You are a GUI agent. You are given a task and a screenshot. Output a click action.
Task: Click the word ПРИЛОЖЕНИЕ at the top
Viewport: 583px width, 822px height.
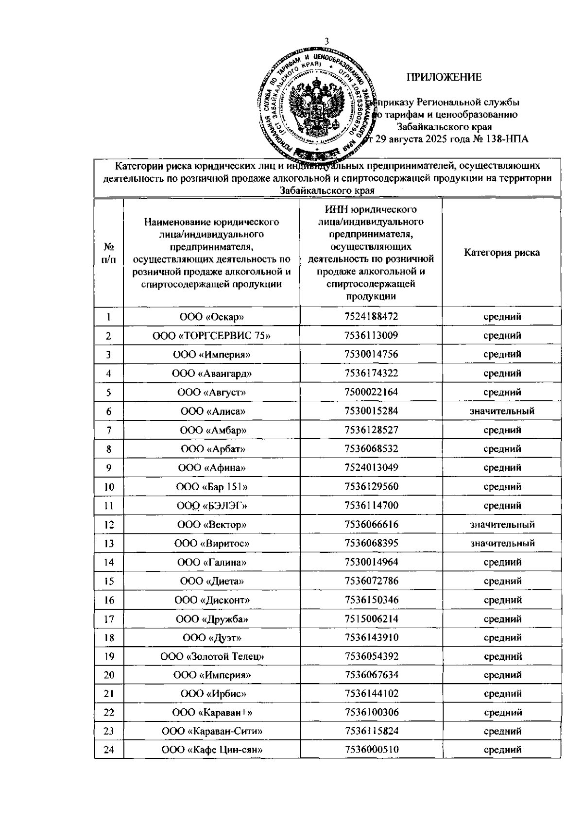point(444,77)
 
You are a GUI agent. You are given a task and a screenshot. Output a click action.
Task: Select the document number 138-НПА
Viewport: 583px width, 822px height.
point(507,139)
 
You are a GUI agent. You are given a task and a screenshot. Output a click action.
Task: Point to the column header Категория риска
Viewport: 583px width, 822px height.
point(502,253)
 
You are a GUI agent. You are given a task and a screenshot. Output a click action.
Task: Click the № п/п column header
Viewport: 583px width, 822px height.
point(109,253)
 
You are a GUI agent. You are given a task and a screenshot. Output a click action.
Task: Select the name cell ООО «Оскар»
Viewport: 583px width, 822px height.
point(212,317)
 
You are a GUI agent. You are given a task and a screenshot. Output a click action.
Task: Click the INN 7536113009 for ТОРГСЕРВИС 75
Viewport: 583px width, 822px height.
point(371,336)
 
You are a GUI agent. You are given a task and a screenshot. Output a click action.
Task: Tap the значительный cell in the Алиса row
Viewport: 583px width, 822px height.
point(502,411)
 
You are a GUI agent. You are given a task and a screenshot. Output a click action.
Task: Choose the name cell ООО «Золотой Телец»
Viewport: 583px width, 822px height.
point(212,657)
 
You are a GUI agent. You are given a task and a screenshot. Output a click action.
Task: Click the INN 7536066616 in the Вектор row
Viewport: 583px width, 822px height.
point(371,525)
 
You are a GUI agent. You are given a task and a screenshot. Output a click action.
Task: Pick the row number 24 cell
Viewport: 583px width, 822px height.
point(109,750)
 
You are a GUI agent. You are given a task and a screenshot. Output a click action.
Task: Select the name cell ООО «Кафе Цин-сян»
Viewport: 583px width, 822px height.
point(212,750)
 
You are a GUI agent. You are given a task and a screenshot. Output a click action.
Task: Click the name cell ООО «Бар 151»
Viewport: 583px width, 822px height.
point(212,487)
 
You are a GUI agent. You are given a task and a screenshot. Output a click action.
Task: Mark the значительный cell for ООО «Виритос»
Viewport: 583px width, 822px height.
point(502,543)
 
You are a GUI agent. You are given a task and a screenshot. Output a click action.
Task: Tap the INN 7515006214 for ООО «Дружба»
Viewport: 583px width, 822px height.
point(371,619)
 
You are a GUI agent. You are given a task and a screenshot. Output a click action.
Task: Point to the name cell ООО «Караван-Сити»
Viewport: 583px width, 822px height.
point(212,731)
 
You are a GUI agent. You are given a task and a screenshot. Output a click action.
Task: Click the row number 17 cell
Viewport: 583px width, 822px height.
point(109,619)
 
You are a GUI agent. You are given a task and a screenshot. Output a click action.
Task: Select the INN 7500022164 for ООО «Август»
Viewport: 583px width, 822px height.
point(371,392)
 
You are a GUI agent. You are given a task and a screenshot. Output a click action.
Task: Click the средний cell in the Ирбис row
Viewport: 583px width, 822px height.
point(502,694)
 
